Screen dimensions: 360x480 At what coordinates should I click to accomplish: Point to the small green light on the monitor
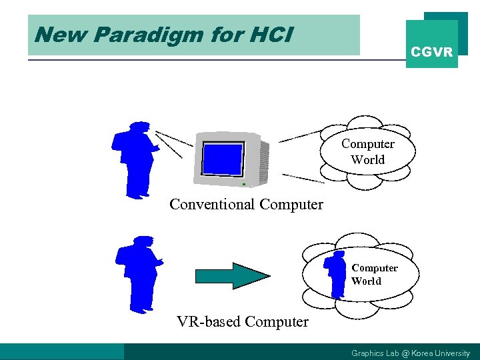(244, 183)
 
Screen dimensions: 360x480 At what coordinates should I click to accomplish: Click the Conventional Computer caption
(246, 204)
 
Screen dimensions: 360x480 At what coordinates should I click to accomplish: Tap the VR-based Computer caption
(243, 322)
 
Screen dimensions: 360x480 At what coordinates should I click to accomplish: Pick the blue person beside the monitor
(135, 160)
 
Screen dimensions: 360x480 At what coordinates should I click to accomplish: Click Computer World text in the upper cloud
(368, 152)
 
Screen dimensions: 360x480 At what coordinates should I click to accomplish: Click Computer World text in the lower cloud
(375, 275)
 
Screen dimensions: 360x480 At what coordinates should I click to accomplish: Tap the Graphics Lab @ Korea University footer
(410, 353)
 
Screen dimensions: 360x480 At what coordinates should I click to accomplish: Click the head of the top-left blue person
(139, 127)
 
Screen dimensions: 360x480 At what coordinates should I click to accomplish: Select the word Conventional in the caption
(212, 204)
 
